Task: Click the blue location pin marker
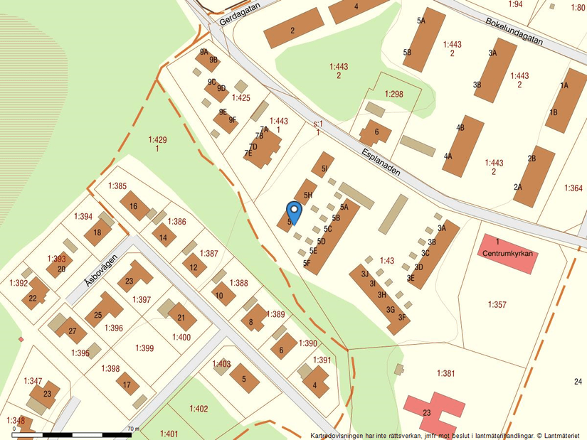click(292, 212)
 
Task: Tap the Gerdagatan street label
click(240, 13)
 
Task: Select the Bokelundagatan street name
click(514, 31)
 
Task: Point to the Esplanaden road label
click(381, 163)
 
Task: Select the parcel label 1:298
click(393, 94)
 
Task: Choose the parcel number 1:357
click(497, 304)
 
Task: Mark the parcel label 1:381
click(445, 373)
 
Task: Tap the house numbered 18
click(97, 232)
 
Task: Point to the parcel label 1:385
click(117, 186)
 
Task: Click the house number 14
click(164, 237)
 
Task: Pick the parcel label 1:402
click(199, 408)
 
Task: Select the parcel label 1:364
click(573, 188)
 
